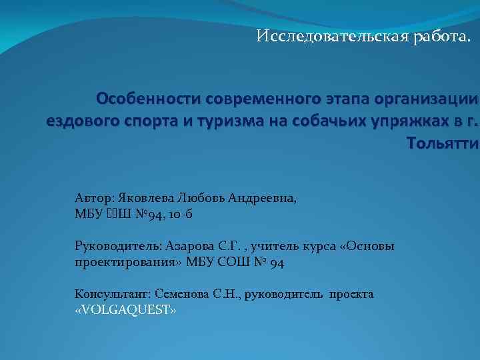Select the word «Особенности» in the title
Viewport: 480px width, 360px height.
point(149,100)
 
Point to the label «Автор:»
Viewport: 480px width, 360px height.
point(95,198)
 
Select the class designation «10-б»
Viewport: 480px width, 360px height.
point(181,214)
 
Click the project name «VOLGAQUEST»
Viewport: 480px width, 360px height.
point(125,310)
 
